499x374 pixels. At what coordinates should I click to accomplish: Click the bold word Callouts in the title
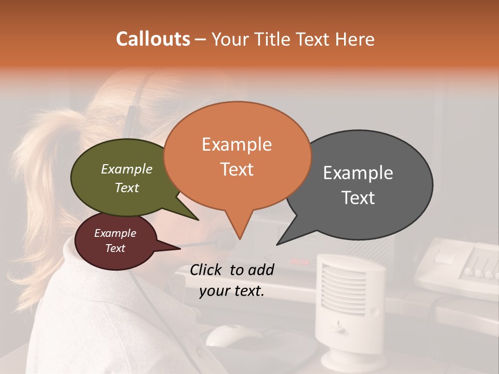(x=153, y=39)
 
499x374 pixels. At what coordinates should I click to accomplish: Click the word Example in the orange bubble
(x=237, y=144)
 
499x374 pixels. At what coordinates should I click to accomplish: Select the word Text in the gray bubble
(x=359, y=198)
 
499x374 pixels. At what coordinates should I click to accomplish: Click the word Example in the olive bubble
(x=126, y=169)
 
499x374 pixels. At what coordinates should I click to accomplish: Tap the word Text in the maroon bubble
(x=115, y=248)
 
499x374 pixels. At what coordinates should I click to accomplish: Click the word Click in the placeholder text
(x=206, y=270)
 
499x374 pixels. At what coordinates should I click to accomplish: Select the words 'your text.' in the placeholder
(x=231, y=291)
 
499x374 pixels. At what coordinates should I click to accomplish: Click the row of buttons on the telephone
(x=478, y=270)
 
